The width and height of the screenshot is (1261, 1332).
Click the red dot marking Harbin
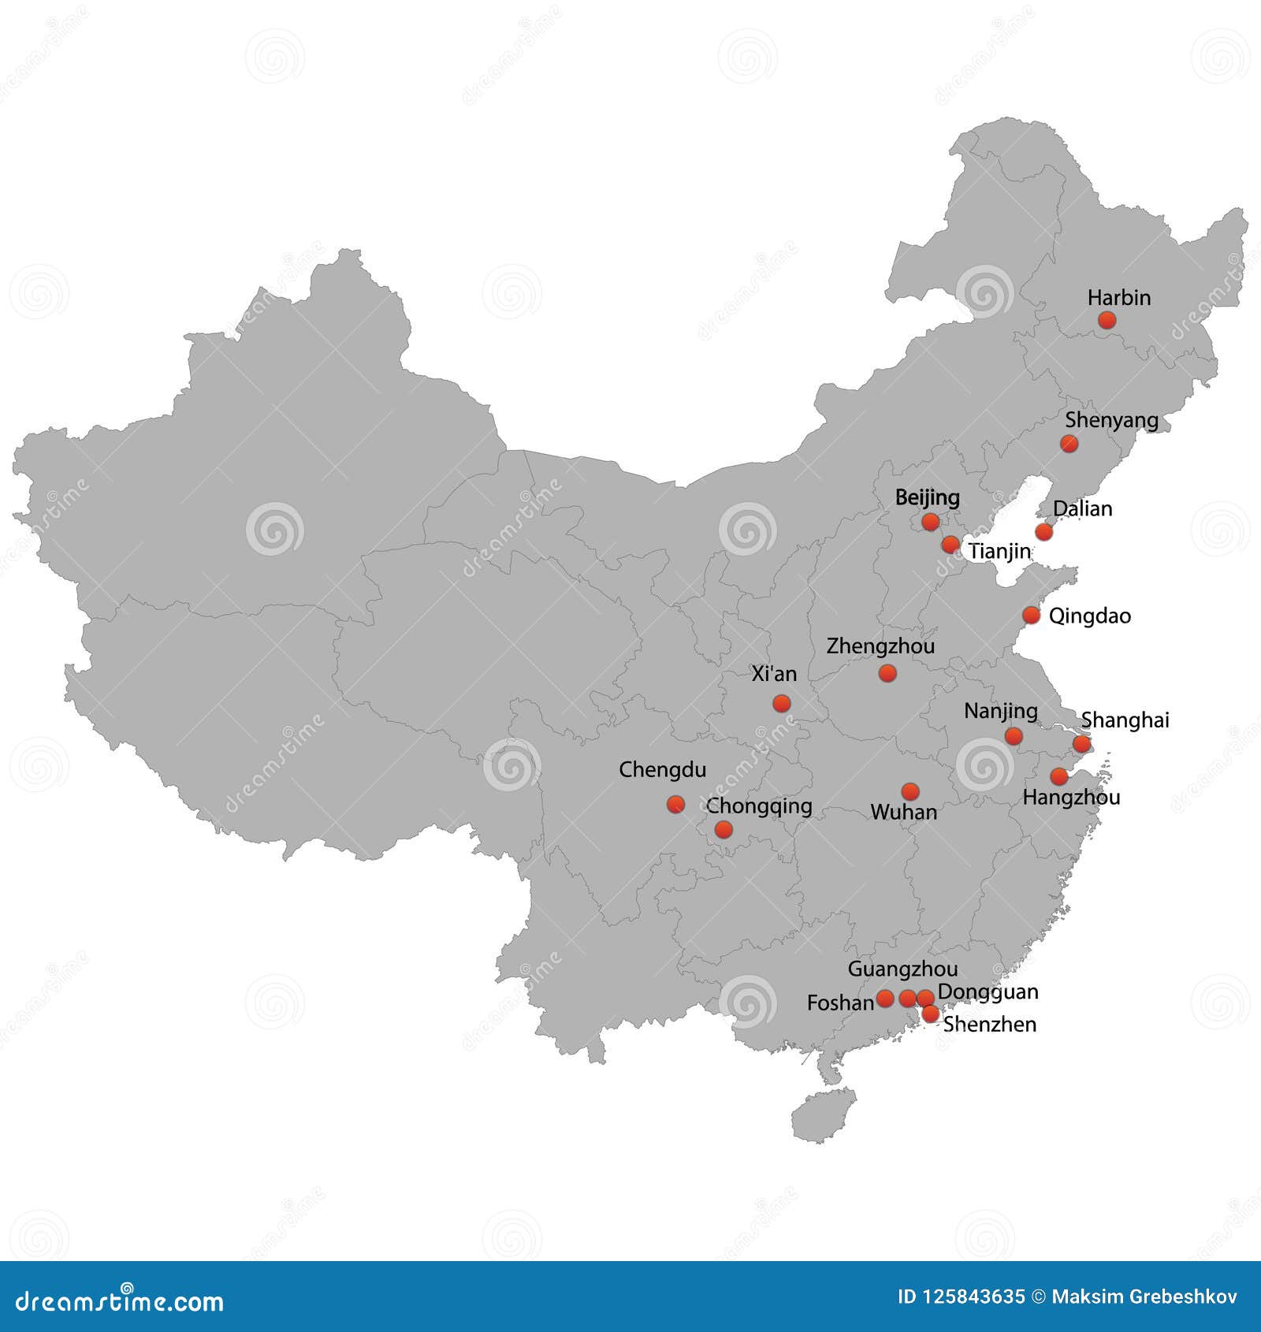tap(1107, 319)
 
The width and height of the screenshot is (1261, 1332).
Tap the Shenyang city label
tap(1111, 420)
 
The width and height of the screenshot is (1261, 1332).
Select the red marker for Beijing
tap(930, 522)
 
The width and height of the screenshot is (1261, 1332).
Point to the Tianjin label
tap(999, 551)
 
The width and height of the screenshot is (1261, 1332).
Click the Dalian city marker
tap(1043, 531)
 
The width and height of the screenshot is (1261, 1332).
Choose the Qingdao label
tap(1089, 616)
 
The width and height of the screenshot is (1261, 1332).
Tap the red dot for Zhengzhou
tap(887, 673)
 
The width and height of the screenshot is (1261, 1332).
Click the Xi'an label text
tap(774, 674)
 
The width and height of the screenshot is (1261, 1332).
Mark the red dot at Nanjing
tap(1014, 736)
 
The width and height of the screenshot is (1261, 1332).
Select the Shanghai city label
tap(1125, 720)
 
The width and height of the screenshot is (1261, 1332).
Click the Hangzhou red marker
tap(1059, 776)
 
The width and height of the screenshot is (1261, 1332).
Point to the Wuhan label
tap(903, 812)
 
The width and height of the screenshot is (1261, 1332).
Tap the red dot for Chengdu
tap(675, 804)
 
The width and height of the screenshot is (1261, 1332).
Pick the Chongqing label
tap(759, 806)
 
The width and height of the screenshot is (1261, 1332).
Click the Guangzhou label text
tap(902, 969)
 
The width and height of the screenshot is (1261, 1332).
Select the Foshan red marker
tap(885, 999)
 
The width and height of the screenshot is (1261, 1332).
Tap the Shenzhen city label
tap(989, 1024)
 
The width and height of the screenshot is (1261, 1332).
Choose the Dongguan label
tap(988, 992)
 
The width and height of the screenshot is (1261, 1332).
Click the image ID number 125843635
tap(973, 1297)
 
